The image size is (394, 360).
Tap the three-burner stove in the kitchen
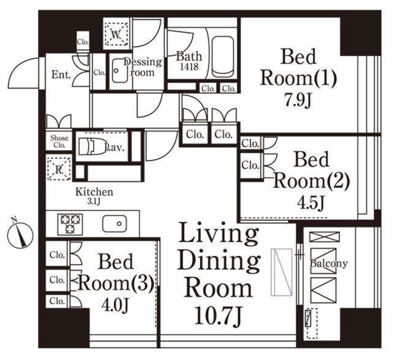point(70,224)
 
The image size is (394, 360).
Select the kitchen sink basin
point(115,223)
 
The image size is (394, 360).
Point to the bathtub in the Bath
point(223,57)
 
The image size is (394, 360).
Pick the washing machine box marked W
point(116,34)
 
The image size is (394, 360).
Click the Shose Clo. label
point(59,141)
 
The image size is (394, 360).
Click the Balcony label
point(329,263)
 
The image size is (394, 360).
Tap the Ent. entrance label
point(61,74)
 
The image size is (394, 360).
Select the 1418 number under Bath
point(190,66)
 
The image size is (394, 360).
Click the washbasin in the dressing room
point(120,70)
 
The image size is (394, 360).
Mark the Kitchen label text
point(94,192)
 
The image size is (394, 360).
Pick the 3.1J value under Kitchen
point(94,201)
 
